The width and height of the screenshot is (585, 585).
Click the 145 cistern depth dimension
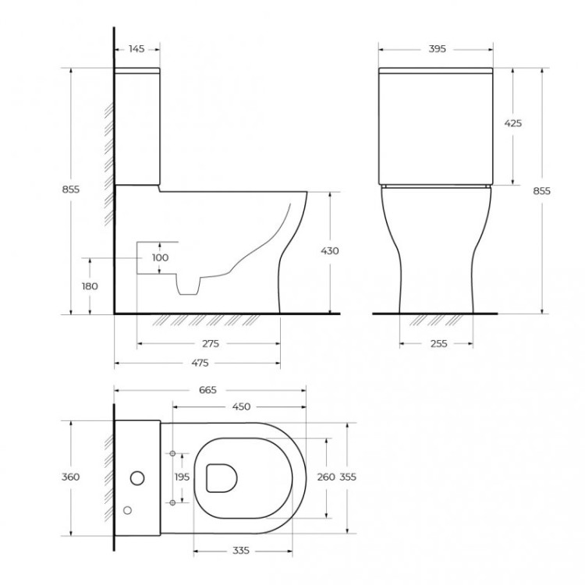136,49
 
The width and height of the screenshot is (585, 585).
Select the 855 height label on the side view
70,189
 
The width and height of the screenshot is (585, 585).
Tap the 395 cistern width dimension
437,49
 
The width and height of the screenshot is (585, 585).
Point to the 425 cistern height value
512,123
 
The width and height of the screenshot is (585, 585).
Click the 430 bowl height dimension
329,251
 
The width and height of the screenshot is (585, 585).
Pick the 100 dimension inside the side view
160,257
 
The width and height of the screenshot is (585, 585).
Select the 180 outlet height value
90,285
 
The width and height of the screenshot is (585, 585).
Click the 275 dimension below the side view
209,343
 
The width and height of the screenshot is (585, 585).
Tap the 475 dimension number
200,363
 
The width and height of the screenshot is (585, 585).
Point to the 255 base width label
438,343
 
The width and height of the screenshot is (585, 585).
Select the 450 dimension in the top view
240,406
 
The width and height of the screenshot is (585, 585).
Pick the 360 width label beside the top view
71,477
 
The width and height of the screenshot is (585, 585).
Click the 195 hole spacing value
182,477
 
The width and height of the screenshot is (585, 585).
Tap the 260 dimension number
327,477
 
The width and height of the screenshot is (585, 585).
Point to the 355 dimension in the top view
348,477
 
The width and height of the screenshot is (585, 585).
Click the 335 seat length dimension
241,551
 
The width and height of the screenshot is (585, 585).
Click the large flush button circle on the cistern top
139,477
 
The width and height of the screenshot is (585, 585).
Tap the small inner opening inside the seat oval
222,477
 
